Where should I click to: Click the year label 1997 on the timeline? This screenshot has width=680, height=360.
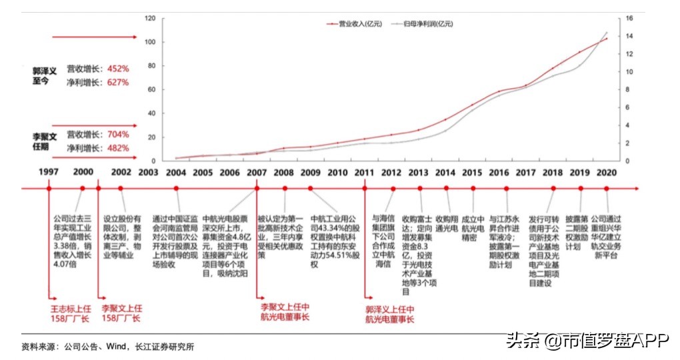point(49,171)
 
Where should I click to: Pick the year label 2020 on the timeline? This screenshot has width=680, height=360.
point(607,171)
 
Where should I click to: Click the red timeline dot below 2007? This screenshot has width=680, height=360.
point(257,189)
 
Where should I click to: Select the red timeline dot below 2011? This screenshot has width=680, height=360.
point(365,189)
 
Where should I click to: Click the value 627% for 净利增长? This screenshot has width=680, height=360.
point(115,83)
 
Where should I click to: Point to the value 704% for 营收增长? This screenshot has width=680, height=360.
point(115,134)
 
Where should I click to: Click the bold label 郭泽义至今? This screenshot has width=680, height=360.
point(47,75)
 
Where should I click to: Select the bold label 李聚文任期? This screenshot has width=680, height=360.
point(47,141)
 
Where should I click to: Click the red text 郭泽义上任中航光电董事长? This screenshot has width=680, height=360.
point(391,314)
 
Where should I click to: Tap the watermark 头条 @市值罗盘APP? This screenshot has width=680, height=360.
point(586,341)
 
